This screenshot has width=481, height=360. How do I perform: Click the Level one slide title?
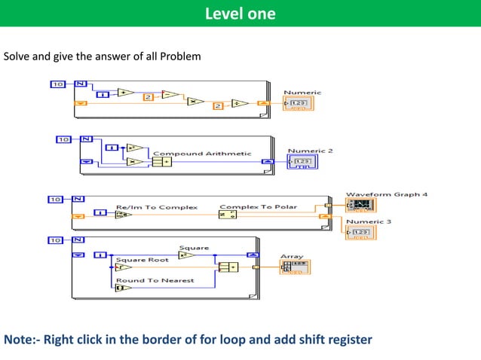coord(240,14)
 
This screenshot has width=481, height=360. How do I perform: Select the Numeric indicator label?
coord(302,93)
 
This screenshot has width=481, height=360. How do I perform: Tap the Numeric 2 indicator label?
coord(310,151)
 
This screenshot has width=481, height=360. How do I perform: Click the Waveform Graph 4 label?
coord(386,194)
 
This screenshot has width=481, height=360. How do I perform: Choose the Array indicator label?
coord(291,256)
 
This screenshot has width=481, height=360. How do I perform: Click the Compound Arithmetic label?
coord(202,153)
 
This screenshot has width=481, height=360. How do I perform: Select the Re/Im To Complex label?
coord(156,206)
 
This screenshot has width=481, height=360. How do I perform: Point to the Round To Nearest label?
coord(155,280)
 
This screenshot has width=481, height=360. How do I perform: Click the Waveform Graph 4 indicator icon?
coord(360,206)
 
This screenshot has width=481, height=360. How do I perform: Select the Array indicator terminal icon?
coord(295,267)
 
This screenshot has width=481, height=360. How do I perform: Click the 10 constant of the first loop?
coord(58,84)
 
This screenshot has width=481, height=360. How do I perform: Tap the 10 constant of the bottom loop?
coord(55,240)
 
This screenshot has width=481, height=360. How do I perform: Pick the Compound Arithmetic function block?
coord(161,161)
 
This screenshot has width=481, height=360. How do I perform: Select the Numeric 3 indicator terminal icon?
coord(360,232)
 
